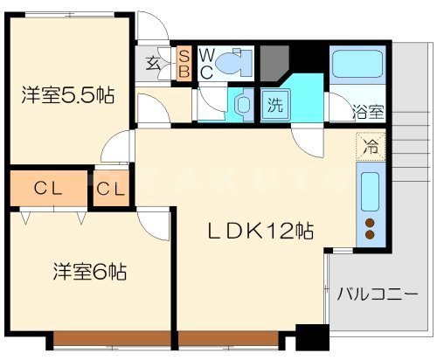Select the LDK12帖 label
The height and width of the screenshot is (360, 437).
tap(260, 232)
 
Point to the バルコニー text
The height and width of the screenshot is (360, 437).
tap(377, 294)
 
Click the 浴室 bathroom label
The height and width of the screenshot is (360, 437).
tap(367, 112)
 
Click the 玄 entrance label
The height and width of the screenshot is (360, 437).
tap(152, 62)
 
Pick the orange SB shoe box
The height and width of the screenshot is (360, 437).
tap(184, 64)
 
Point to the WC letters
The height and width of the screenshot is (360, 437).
tap(206, 64)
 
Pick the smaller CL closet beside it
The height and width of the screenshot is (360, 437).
tap(111, 188)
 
